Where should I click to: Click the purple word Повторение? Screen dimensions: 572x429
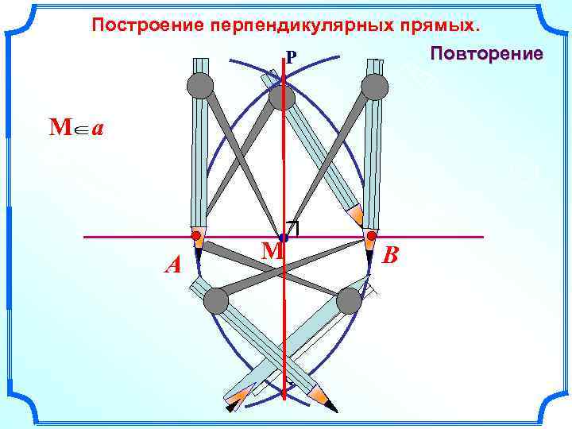pyautogui.click(x=486, y=53)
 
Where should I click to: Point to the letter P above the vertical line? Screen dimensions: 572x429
pyautogui.click(x=292, y=57)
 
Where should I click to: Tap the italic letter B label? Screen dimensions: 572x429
pyautogui.click(x=390, y=256)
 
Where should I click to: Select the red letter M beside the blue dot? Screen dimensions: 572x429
pyautogui.click(x=272, y=251)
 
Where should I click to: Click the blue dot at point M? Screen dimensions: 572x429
pyautogui.click(x=284, y=238)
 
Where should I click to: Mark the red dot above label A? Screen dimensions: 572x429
pyautogui.click(x=195, y=236)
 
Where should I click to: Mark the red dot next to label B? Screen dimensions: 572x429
pyautogui.click(x=371, y=236)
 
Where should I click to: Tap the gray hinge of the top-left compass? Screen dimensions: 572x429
pyautogui.click(x=200, y=86)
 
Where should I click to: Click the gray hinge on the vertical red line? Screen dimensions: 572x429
pyautogui.click(x=282, y=97)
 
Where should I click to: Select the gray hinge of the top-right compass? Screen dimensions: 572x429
pyautogui.click(x=374, y=86)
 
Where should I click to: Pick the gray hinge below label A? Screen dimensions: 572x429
pyautogui.click(x=215, y=301)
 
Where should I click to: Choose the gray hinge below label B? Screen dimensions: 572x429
pyautogui.click(x=349, y=301)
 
